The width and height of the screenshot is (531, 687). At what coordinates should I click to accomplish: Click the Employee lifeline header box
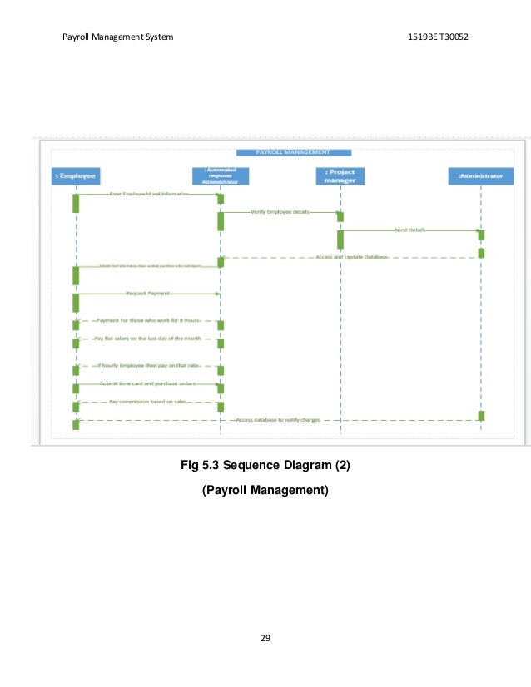click(x=76, y=175)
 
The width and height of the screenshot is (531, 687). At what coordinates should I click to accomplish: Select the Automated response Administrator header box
click(x=220, y=175)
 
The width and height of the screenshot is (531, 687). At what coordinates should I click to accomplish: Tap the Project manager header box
click(x=340, y=175)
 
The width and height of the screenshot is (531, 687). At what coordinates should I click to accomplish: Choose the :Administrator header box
click(x=480, y=175)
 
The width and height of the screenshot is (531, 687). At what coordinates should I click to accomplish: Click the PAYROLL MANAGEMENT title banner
click(x=294, y=152)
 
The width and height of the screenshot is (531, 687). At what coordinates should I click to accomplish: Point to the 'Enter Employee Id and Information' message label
click(x=149, y=194)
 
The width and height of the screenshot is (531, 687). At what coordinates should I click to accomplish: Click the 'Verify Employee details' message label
click(x=279, y=212)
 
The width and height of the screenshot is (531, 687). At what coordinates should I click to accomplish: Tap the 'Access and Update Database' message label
click(x=352, y=257)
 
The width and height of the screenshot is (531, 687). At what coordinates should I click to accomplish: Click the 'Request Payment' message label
click(x=147, y=294)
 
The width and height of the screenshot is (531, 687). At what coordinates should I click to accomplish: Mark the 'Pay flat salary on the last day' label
click(x=147, y=339)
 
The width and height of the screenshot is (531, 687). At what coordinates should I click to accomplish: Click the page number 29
click(x=265, y=638)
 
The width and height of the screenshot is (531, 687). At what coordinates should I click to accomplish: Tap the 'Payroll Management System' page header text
click(x=118, y=38)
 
